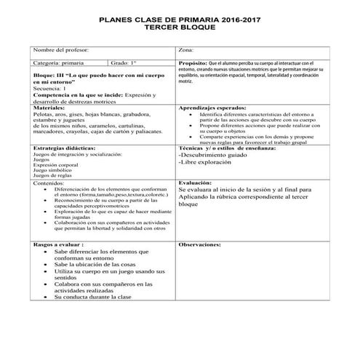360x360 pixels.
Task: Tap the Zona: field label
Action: (186, 50)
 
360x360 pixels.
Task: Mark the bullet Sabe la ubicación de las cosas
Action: (98, 264)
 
